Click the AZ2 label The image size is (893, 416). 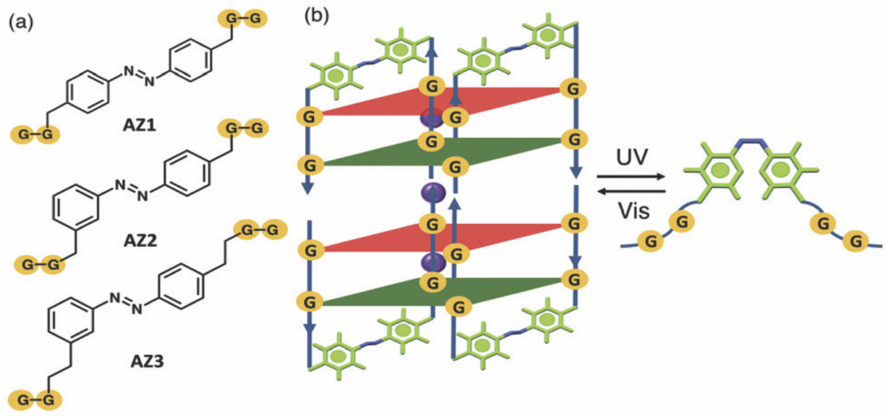[x=141, y=241]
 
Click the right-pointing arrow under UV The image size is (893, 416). [x=631, y=177]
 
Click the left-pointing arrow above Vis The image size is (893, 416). [x=631, y=190]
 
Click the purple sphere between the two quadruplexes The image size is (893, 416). [x=431, y=192]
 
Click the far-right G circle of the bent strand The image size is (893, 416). [x=857, y=241]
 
